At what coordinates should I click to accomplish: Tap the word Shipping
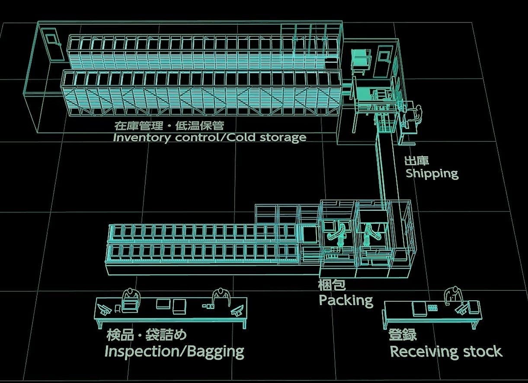click(432, 174)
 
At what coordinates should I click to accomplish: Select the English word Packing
click(346, 300)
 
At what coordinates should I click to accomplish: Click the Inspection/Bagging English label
click(174, 351)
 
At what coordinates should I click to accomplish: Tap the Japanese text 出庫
click(416, 161)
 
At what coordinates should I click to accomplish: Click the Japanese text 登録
click(403, 335)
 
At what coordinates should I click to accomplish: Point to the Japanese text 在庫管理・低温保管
click(169, 126)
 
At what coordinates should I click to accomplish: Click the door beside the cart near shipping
click(382, 61)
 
